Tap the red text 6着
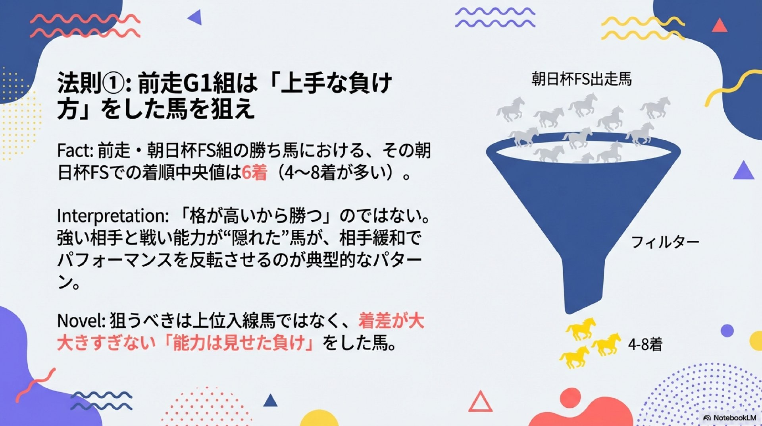(254, 173)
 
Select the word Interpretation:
(113, 216)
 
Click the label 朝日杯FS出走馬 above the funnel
(581, 79)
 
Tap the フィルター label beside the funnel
(665, 242)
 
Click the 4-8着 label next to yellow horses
(645, 344)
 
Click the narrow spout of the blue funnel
(585, 284)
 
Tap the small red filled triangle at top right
(720, 25)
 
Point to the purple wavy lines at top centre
(495, 17)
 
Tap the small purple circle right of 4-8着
(727, 331)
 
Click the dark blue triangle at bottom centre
(270, 401)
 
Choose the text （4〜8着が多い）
(337, 173)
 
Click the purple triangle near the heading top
(195, 17)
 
